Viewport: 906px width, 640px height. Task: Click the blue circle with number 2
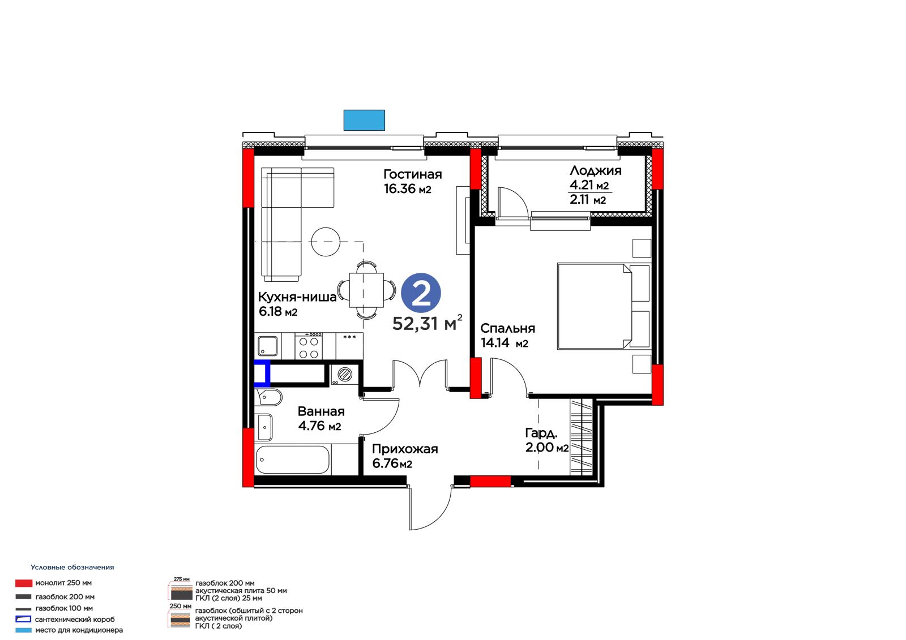tap(421, 293)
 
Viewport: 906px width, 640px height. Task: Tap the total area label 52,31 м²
tap(427, 323)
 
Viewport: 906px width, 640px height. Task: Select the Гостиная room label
tap(413, 174)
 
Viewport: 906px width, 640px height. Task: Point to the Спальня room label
tap(507, 328)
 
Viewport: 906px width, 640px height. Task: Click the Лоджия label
tap(595, 171)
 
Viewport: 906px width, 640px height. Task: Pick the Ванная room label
tap(321, 411)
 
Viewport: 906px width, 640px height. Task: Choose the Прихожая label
tap(405, 449)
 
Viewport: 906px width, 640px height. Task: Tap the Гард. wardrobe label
tap(541, 433)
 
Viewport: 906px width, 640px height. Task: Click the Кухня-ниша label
tap(297, 297)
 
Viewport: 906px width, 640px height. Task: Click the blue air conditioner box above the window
tap(364, 120)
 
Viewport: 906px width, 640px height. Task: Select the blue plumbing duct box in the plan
tap(262, 373)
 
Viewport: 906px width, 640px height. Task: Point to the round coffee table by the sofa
tap(326, 242)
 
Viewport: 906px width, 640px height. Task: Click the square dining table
tap(366, 290)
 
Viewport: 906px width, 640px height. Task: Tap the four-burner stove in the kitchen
tap(309, 346)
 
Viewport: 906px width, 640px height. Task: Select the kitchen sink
tap(268, 346)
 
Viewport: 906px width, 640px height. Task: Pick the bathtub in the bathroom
tap(293, 459)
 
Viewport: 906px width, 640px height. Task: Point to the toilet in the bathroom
tap(268, 397)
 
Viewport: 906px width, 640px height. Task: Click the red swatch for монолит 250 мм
tap(23, 583)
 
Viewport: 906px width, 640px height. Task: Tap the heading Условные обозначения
tap(72, 567)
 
